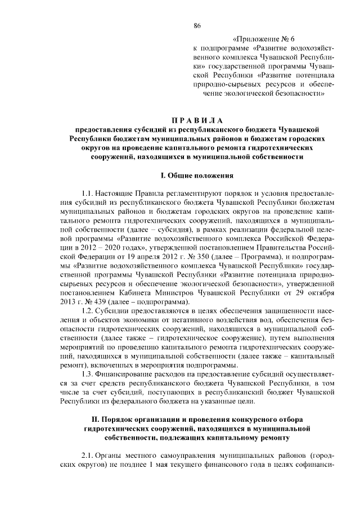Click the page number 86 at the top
click(x=197, y=25)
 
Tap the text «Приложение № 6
click(x=259, y=39)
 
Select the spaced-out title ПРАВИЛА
click(x=197, y=120)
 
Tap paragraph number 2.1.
click(x=88, y=454)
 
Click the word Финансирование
click(x=128, y=374)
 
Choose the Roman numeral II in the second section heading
click(x=94, y=419)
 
